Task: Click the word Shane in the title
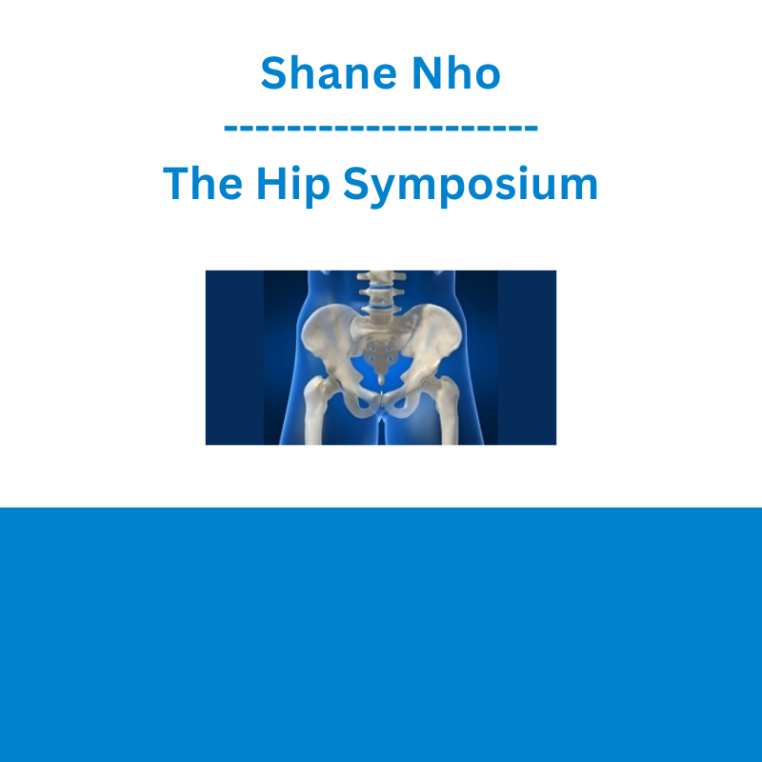point(329,73)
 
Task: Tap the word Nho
point(456,73)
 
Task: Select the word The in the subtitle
point(202,183)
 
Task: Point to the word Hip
point(293,186)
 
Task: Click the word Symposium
point(471,186)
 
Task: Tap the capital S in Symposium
point(358,183)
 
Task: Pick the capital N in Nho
point(426,73)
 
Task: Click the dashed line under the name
point(380,128)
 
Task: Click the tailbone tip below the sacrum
point(381,380)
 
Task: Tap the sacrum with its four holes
point(380,355)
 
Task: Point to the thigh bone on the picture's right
point(446,410)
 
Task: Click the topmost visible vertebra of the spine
point(381,277)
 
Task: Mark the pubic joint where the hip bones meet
point(381,401)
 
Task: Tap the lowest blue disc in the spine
point(381,307)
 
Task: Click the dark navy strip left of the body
point(234,357)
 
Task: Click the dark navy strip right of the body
point(527,357)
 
